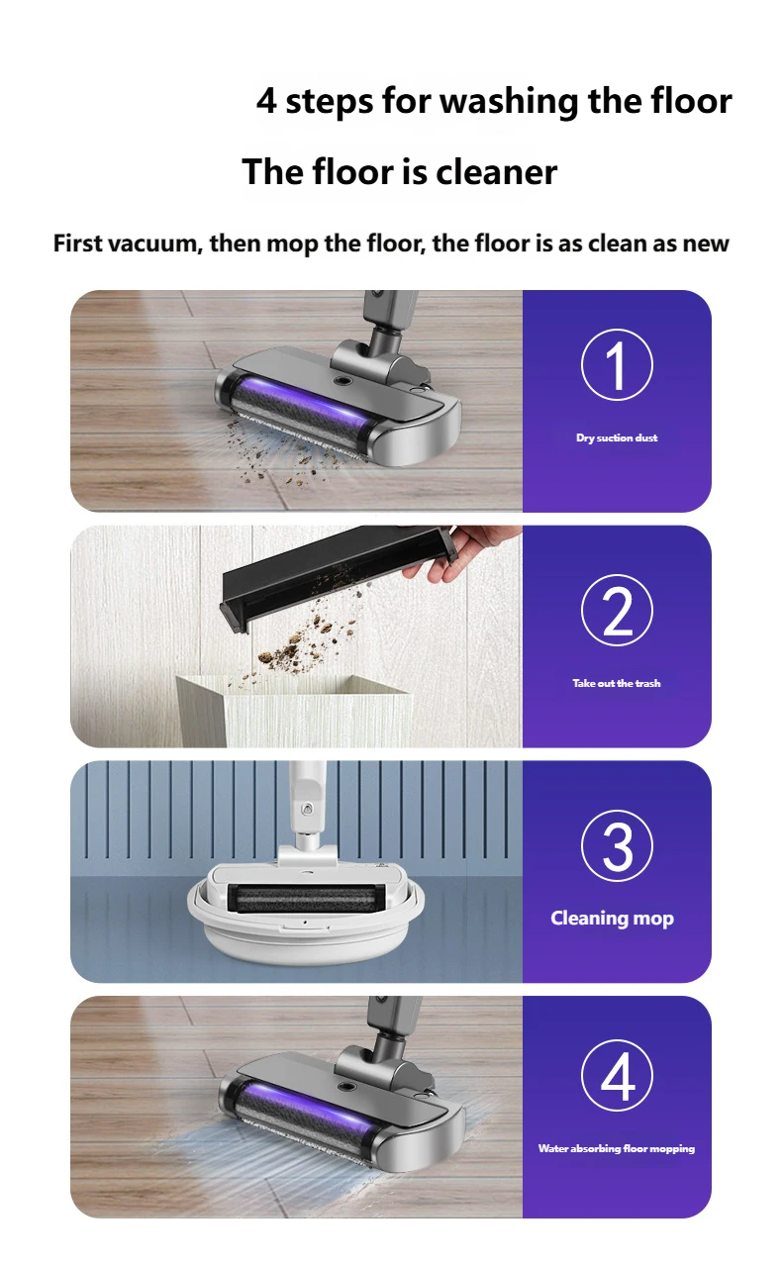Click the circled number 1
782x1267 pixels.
click(x=617, y=365)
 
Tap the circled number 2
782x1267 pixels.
click(x=617, y=611)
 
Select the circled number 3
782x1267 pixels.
click(x=617, y=846)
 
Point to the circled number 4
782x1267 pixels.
click(x=617, y=1075)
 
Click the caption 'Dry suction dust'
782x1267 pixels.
click(x=617, y=438)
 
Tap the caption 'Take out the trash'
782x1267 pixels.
click(x=617, y=683)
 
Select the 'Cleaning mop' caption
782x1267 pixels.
click(x=613, y=919)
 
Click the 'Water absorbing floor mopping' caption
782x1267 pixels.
click(x=617, y=1149)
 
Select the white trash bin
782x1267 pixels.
click(x=294, y=711)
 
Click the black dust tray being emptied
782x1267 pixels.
click(x=338, y=573)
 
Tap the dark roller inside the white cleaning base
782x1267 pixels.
click(x=303, y=899)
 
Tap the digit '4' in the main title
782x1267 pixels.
click(x=266, y=101)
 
